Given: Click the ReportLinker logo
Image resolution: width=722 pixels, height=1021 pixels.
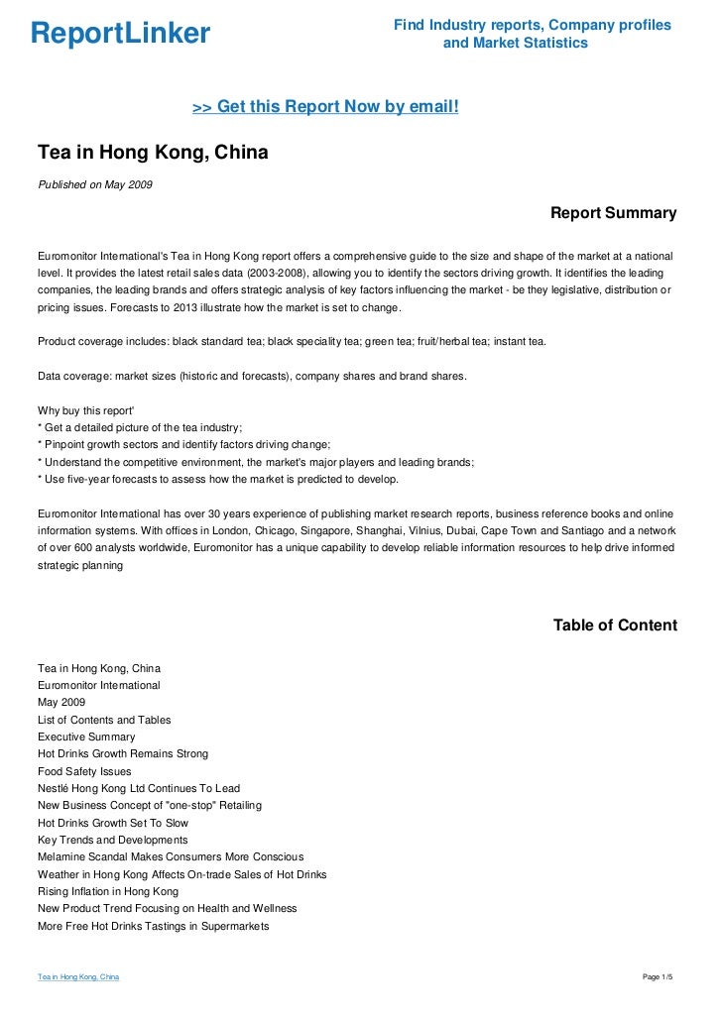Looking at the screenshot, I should pos(120,34).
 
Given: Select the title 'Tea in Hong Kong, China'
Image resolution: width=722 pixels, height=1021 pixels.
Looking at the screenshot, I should pos(153,154).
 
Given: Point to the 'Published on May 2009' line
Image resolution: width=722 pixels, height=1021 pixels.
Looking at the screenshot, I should pos(95,184).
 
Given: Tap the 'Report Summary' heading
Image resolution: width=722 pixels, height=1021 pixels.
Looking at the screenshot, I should pos(613,213).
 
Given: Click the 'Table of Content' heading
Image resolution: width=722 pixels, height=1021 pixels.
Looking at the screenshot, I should pos(615,625).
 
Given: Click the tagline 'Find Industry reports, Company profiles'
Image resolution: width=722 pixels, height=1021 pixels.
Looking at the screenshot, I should pos(532,25).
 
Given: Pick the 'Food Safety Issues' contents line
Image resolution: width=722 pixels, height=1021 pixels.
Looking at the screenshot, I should pos(84,771).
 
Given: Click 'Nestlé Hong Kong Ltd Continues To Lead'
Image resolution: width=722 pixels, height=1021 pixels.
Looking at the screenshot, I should pos(139,788).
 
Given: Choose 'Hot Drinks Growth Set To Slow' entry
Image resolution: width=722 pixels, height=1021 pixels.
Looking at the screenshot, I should pos(113,823).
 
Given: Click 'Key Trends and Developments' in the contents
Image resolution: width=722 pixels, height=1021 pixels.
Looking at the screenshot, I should pos(112,840).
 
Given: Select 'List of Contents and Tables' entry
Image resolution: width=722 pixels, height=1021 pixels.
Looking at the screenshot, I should pos(104,720).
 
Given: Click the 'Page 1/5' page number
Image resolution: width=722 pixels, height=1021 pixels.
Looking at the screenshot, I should pos(658,978).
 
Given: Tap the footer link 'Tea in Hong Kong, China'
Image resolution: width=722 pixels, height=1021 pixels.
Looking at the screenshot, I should pos(78,978).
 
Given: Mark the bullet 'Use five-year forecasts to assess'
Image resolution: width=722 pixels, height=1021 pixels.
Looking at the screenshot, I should pos(217,479).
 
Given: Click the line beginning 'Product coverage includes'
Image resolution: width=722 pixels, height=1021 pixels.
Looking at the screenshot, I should pos(291,341).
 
